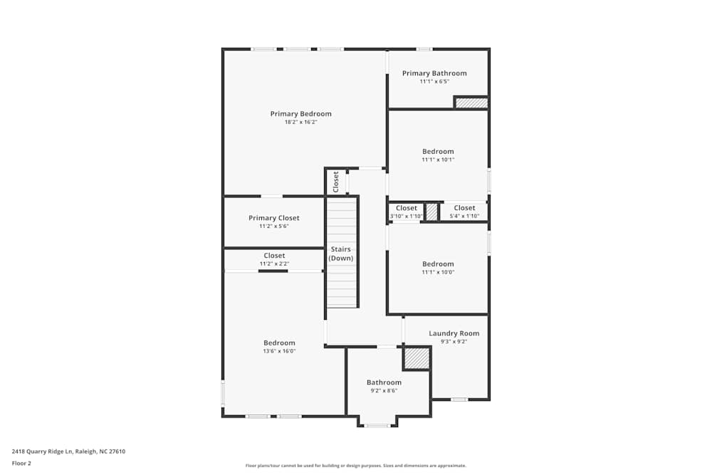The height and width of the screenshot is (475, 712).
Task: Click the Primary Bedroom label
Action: (300, 114)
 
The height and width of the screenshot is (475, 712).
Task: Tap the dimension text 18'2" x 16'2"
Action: (300, 122)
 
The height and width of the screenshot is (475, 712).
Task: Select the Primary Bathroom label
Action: (434, 73)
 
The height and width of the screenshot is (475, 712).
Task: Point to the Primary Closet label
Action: (274, 218)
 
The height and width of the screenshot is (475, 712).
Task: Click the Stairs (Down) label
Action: (341, 254)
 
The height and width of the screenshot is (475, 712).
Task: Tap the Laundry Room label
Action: (454, 333)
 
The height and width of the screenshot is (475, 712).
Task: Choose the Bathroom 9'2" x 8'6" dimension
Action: (384, 390)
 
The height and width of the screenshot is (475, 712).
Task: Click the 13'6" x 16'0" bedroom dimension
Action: (279, 351)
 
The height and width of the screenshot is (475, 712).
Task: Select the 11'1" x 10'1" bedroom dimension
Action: (438, 160)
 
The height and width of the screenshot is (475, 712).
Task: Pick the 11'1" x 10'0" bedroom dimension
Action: (438, 272)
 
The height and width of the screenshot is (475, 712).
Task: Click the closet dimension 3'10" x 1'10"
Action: (407, 216)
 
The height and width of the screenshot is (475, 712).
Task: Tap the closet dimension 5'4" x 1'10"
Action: (464, 216)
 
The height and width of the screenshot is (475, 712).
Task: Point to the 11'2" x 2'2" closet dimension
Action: (274, 263)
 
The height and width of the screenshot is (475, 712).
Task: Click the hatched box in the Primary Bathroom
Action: (471, 103)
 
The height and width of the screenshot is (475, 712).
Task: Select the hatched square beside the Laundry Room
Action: (417, 358)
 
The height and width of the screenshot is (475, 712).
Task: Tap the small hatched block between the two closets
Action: (431, 212)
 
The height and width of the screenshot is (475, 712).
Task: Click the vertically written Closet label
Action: (336, 182)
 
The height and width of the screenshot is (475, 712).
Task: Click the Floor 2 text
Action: (21, 463)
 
